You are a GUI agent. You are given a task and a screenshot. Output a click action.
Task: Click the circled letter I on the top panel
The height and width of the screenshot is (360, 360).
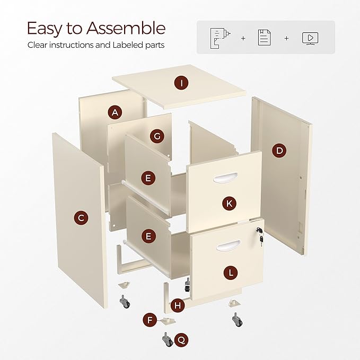[x=181, y=83]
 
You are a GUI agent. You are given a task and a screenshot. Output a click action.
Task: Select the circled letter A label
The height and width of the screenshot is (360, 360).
[x=115, y=112]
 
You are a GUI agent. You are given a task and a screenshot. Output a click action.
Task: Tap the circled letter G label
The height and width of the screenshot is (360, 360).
[x=156, y=136]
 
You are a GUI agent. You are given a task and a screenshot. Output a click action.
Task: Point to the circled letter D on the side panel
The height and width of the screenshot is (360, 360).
[x=279, y=151]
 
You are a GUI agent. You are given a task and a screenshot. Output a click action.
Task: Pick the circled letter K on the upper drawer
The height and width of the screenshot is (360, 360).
[x=229, y=203]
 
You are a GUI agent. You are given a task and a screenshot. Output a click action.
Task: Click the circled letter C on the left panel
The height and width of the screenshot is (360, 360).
[x=81, y=217]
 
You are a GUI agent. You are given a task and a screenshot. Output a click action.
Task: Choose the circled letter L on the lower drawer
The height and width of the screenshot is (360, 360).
[x=230, y=273]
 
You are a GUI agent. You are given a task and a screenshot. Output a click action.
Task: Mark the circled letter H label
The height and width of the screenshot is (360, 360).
[x=178, y=305]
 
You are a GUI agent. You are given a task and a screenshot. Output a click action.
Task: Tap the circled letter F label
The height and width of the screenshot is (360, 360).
[x=150, y=320]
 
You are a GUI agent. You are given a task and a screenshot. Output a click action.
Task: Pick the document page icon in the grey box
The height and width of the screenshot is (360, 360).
[x=264, y=37]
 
